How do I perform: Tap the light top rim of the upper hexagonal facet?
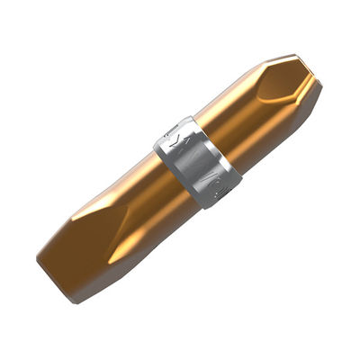[x=288, y=60]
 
